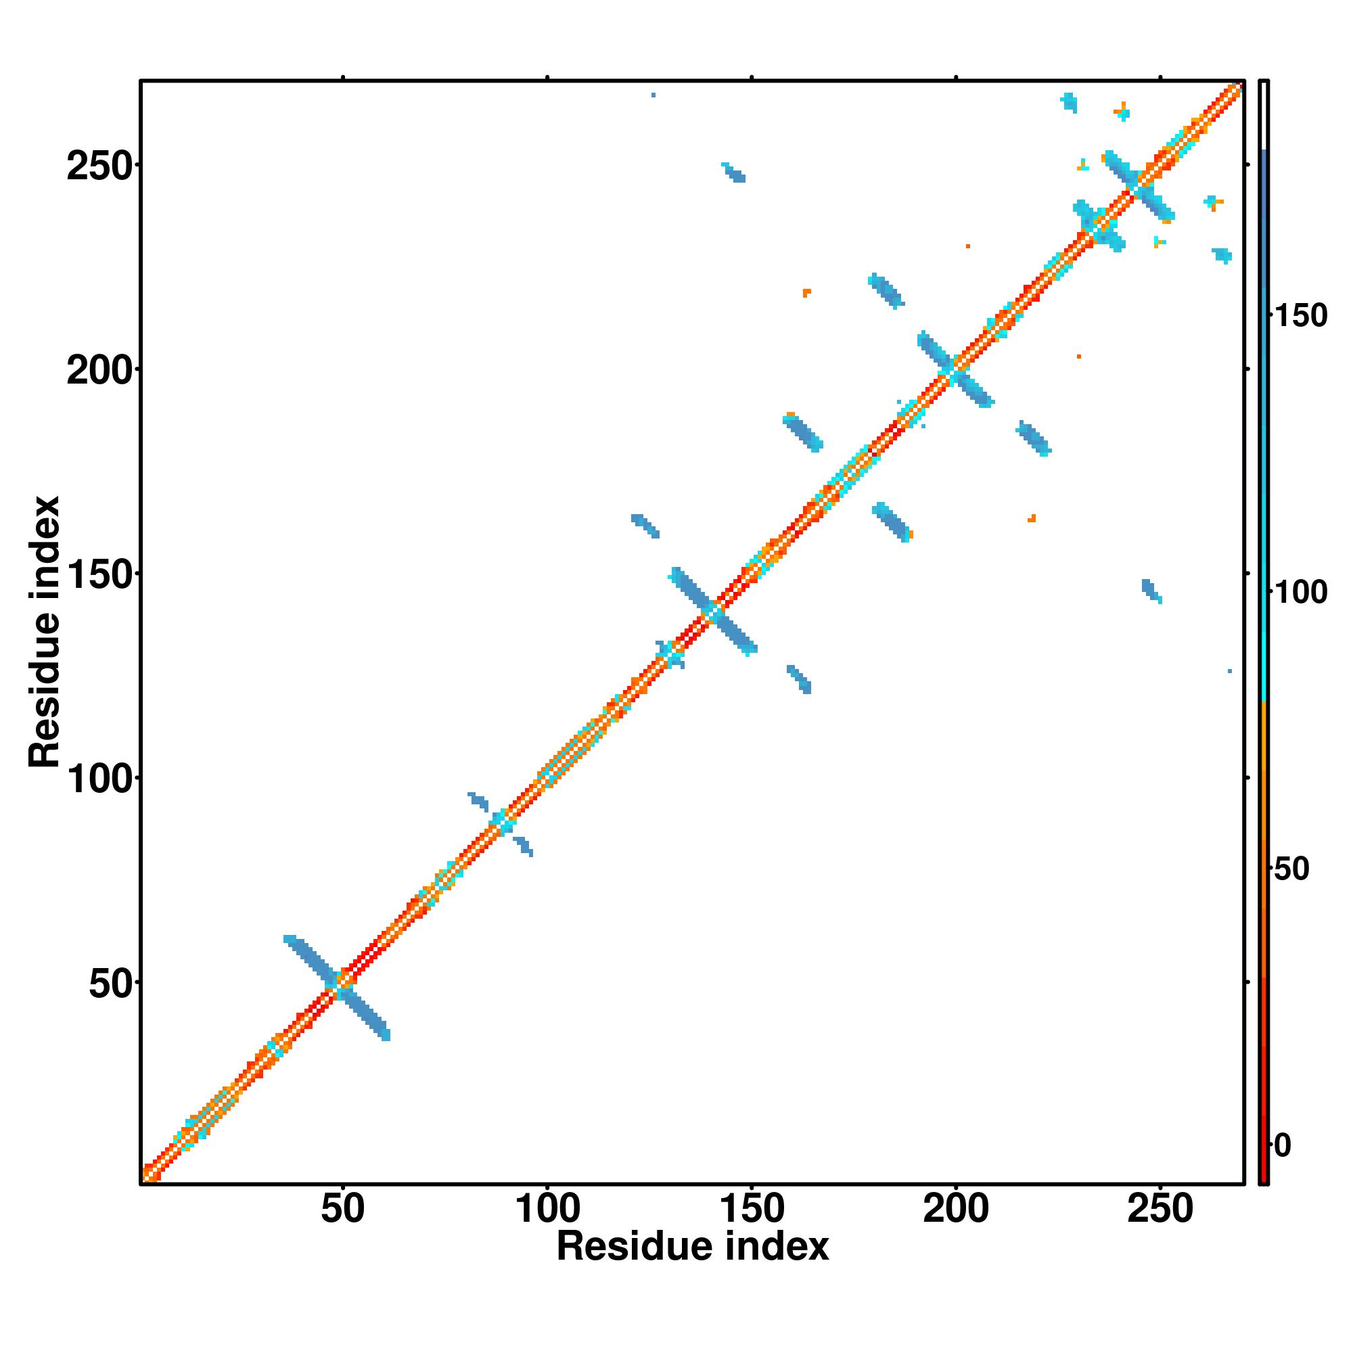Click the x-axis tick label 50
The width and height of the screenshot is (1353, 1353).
(342, 1210)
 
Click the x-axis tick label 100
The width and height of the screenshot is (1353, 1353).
(547, 1210)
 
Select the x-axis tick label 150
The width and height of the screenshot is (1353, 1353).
(752, 1210)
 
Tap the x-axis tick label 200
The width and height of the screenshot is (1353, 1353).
(956, 1210)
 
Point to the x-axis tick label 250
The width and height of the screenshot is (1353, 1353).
(1160, 1210)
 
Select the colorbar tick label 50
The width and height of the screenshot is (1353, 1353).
(1291, 869)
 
